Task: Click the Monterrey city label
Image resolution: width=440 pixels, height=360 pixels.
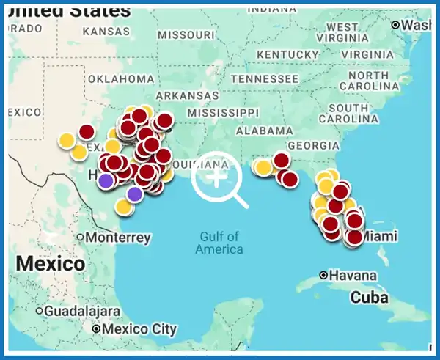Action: [x=118, y=238]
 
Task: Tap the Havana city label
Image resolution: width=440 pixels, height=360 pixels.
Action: [x=350, y=276]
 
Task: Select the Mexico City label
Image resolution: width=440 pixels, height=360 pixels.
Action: [x=139, y=329]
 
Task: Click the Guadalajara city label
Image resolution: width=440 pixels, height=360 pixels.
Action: [x=81, y=311]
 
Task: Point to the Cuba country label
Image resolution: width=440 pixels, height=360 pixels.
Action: [x=369, y=298]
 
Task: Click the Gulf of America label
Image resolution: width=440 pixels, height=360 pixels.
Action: [x=219, y=243]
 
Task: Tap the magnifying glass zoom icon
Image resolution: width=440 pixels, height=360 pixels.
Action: [x=219, y=179]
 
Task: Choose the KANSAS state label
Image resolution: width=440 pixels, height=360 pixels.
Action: [x=106, y=32]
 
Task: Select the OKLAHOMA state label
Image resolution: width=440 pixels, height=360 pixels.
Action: [x=121, y=79]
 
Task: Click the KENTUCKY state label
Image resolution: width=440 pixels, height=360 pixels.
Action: [x=288, y=55]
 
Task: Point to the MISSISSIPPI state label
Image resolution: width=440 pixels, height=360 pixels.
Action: [x=223, y=112]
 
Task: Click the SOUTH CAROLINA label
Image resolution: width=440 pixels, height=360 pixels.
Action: [x=343, y=113]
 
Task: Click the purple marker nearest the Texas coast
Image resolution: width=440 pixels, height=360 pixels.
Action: [x=134, y=194]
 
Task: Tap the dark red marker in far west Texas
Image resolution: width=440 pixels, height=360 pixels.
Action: [x=87, y=132]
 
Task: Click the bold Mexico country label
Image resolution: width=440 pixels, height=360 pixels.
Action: [x=51, y=263]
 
